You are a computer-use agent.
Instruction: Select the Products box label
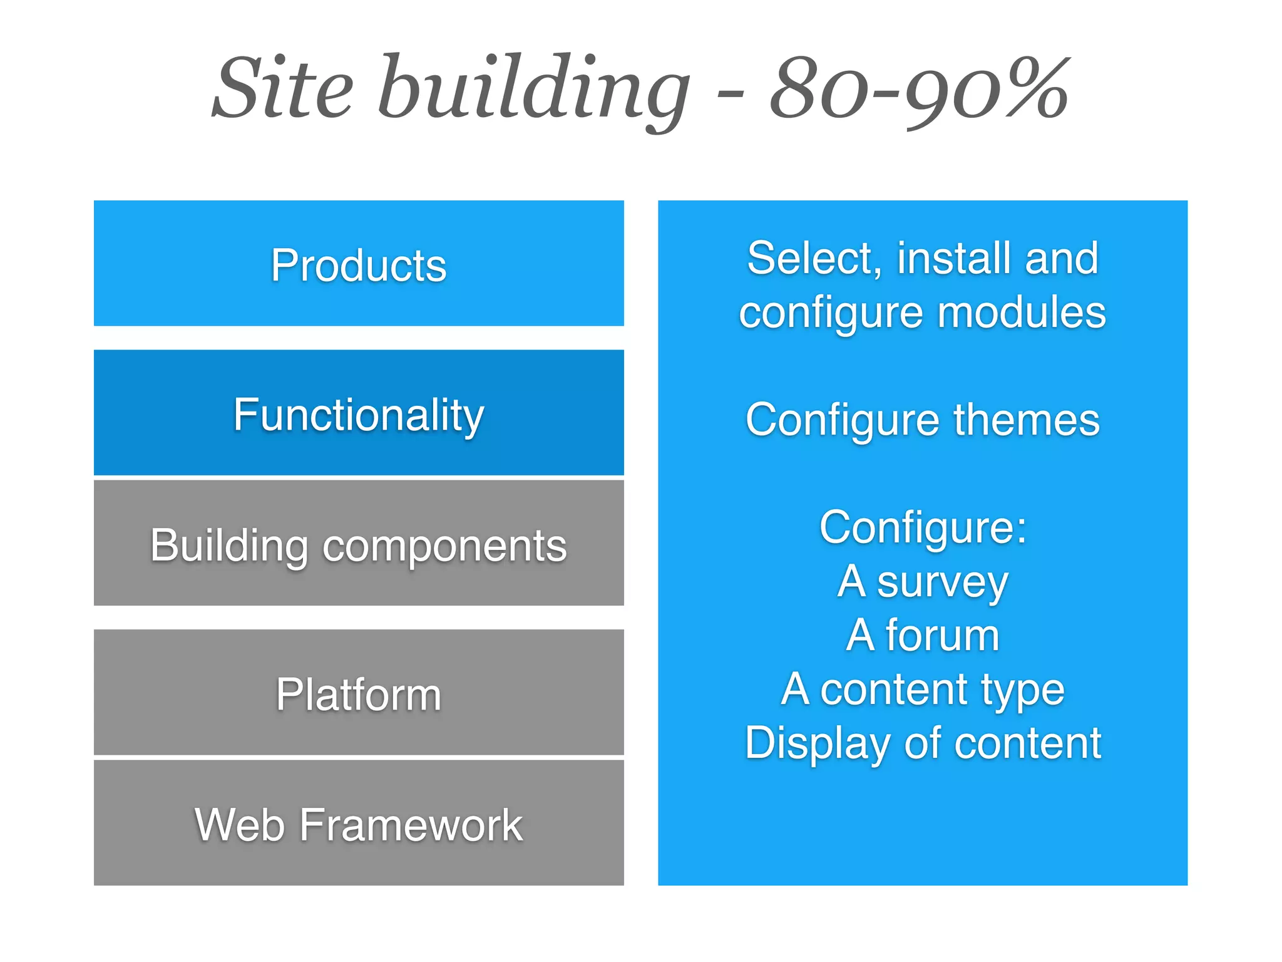coord(359,266)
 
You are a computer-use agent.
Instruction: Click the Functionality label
coord(359,415)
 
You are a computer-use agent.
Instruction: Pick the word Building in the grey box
coord(228,546)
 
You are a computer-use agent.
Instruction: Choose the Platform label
coord(359,695)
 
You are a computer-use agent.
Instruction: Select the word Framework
coord(411,825)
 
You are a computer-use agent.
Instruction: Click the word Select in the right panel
coord(814,258)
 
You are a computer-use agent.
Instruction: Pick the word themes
coord(1027,420)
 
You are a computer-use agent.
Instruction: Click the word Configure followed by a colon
coord(923,528)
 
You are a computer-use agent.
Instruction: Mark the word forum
coord(942,636)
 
